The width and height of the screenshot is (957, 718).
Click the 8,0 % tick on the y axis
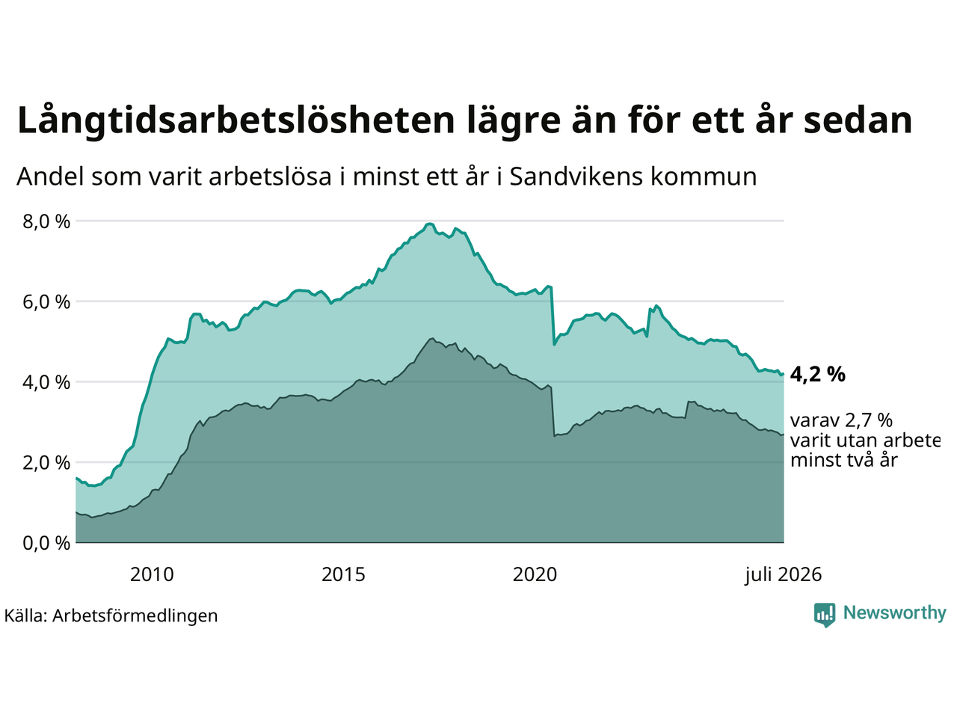coord(46,222)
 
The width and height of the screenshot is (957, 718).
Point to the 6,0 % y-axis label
coord(46,302)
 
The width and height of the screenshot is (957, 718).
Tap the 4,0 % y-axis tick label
coord(46,383)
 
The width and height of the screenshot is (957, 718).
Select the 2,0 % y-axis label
coord(46,463)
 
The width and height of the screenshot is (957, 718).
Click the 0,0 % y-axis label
coord(46,544)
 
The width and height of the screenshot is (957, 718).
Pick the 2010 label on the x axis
coord(152,575)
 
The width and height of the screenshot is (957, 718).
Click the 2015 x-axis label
coord(343,575)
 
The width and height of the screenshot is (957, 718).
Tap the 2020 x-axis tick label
coord(535,575)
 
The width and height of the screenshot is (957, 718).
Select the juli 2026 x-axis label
coord(784,575)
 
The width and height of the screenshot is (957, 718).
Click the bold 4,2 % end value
coord(817,375)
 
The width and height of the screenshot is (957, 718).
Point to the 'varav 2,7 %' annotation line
coord(841,420)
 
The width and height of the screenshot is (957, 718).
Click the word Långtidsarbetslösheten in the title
coord(236,121)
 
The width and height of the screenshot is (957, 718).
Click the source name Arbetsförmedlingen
coord(135,616)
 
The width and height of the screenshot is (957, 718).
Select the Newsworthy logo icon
coord(825,615)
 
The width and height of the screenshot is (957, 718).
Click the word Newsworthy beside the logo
coord(895,613)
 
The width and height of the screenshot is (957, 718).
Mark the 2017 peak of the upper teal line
coord(429,224)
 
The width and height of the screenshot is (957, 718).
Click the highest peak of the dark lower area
coord(431,338)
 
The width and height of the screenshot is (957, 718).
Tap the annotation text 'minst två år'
coord(844,461)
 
